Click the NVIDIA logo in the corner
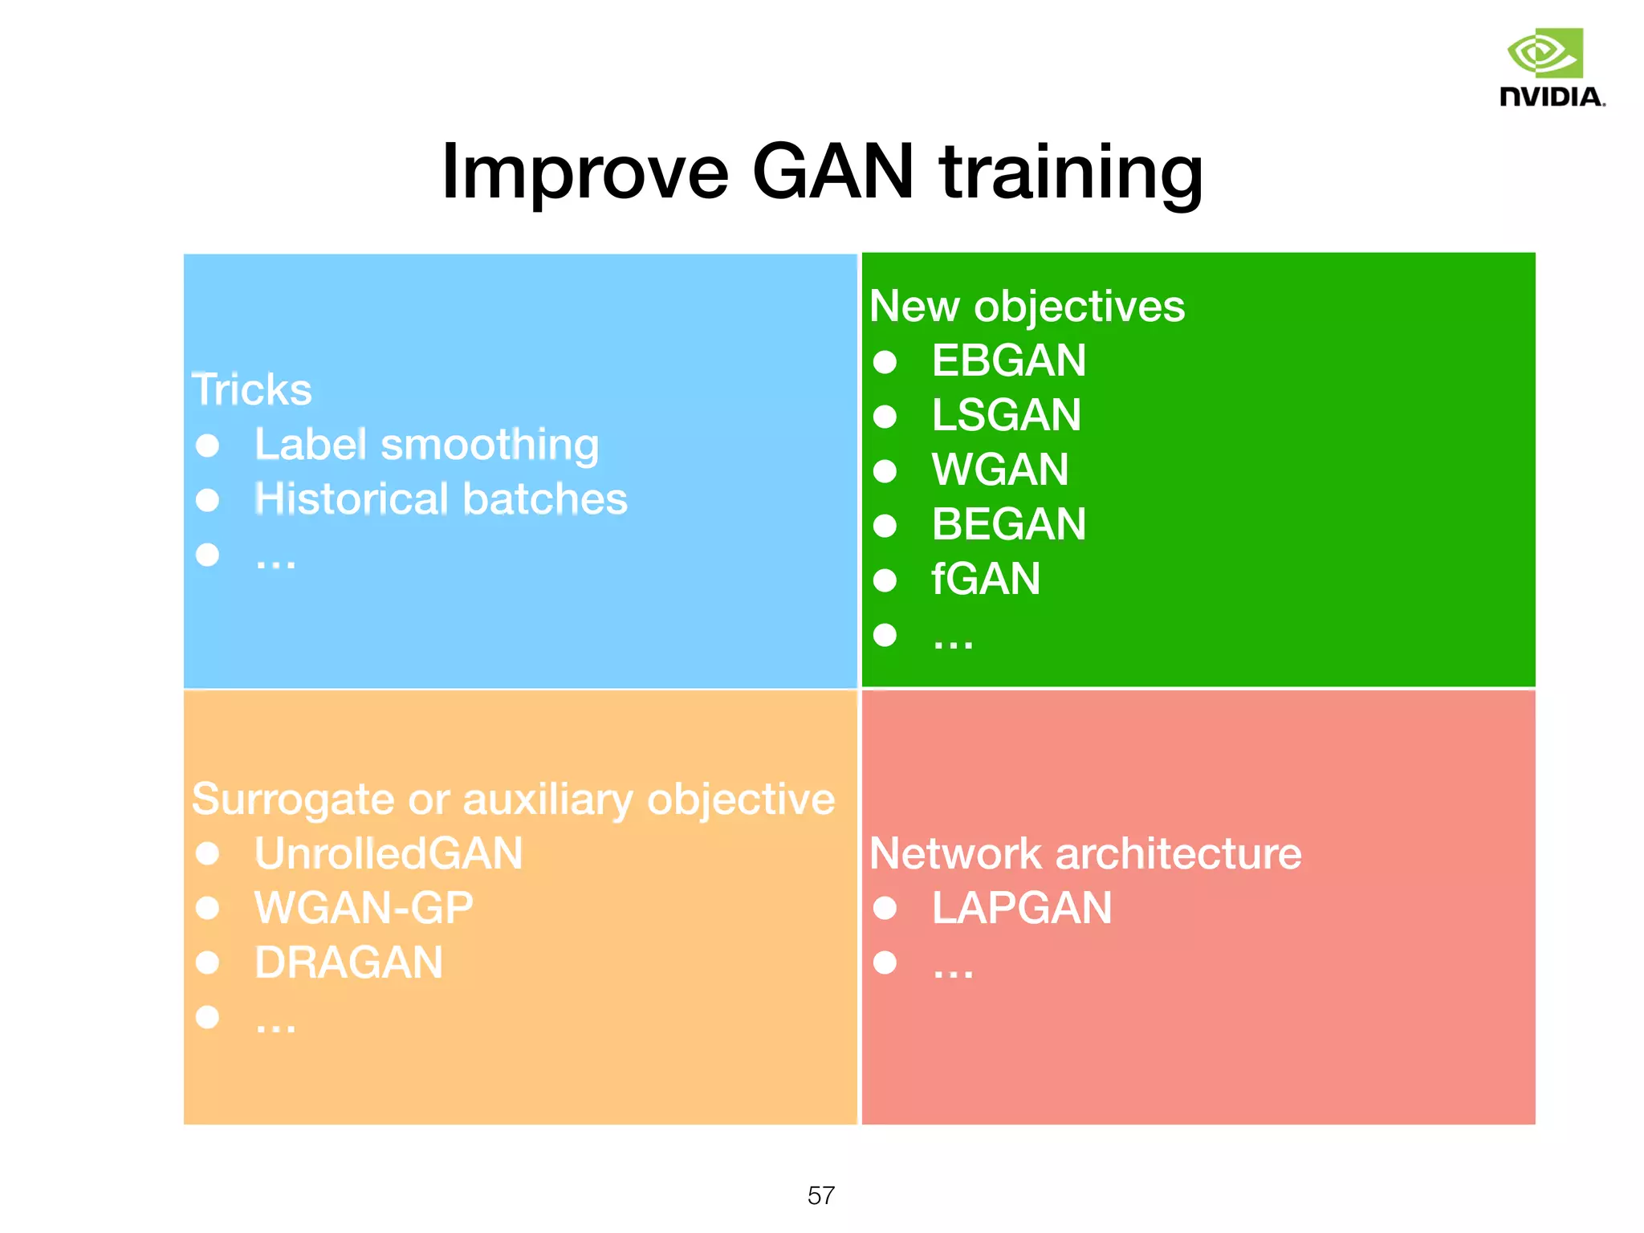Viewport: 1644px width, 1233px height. point(1550,68)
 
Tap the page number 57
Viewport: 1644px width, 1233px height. point(820,1195)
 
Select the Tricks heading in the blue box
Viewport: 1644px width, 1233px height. point(251,390)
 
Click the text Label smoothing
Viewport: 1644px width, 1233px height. point(426,445)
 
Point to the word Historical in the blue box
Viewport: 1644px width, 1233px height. point(351,499)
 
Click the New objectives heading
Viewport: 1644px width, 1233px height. point(1026,307)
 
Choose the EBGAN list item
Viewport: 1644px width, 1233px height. point(1008,360)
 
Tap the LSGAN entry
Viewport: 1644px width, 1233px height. point(1006,415)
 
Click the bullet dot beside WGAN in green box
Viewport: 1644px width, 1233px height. point(885,471)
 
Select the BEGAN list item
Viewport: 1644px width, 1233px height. point(1008,524)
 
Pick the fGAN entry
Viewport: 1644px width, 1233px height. point(985,579)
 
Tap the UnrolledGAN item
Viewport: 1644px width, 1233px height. point(389,853)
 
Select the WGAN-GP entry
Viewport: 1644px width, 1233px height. point(364,908)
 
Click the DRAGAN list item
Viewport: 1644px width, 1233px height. point(348,962)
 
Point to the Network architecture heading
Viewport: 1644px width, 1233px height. point(1084,853)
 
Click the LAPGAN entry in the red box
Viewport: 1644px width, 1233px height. point(1021,908)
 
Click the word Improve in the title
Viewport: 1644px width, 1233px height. point(584,171)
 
